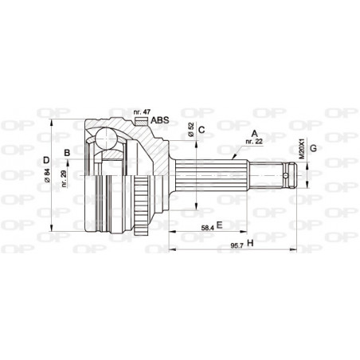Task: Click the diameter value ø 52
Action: [x=192, y=132]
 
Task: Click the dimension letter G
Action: [x=313, y=147]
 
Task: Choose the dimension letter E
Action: [x=219, y=226]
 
